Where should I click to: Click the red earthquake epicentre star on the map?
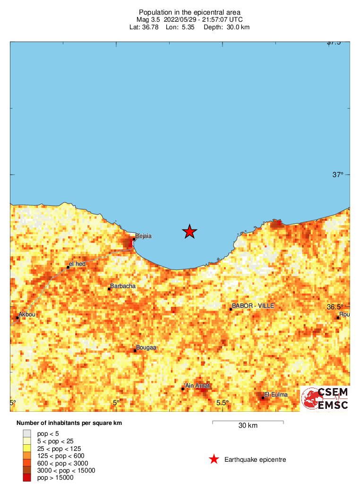[189, 231]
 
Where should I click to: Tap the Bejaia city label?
[143, 236]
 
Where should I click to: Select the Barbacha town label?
[122, 286]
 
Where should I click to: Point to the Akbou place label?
[26, 314]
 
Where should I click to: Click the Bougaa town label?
[146, 348]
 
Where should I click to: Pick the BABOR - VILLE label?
[253, 306]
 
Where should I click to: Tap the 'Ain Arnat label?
[197, 386]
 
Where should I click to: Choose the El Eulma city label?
[276, 395]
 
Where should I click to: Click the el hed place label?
[77, 263]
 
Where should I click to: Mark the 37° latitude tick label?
[338, 175]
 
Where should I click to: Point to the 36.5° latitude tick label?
[335, 307]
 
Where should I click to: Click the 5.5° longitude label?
[222, 403]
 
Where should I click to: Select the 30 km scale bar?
[248, 421]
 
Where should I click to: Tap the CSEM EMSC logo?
[326, 398]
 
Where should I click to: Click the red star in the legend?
[214, 459]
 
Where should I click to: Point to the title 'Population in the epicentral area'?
[189, 12]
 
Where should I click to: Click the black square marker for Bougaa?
[135, 350]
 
